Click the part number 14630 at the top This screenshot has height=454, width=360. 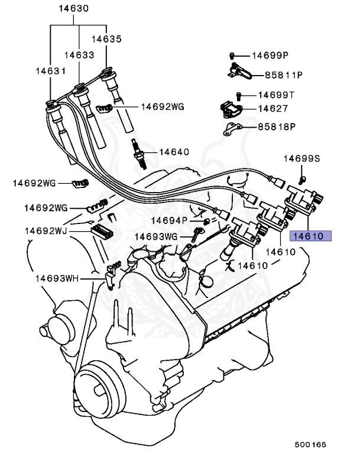tap(75, 9)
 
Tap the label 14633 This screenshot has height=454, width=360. tap(79, 54)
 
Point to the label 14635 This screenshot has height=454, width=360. tap(106, 39)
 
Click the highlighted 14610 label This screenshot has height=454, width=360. tap(310, 236)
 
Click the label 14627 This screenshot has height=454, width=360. tap(273, 108)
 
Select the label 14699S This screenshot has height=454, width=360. tap(301, 158)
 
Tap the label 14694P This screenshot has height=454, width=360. tap(168, 220)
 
